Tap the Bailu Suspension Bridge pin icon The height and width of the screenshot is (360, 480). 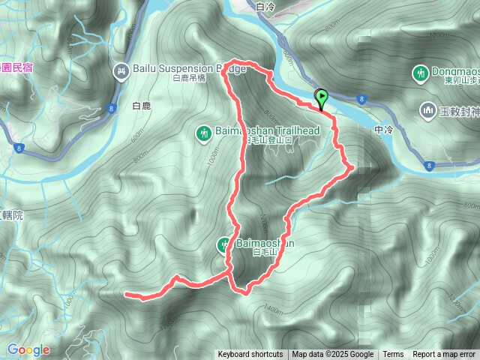pyautogui.click(x=121, y=71)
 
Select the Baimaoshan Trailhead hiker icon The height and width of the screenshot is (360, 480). pyautogui.click(x=203, y=133)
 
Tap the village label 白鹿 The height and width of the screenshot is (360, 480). pyautogui.click(x=141, y=106)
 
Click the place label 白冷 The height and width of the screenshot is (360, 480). pyautogui.click(x=266, y=7)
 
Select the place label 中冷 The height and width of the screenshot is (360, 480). pyautogui.click(x=382, y=129)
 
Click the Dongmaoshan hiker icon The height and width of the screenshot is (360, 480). pyautogui.click(x=420, y=73)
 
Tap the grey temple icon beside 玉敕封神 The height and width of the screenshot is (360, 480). pyautogui.click(x=429, y=110)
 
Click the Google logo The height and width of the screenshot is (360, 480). pyautogui.click(x=28, y=349)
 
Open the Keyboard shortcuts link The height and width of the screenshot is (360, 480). pyautogui.click(x=250, y=355)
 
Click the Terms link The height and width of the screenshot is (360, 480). pyautogui.click(x=393, y=355)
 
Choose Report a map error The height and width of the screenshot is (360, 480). pyautogui.click(x=444, y=355)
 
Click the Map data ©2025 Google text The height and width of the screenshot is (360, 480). pyautogui.click(x=333, y=355)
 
